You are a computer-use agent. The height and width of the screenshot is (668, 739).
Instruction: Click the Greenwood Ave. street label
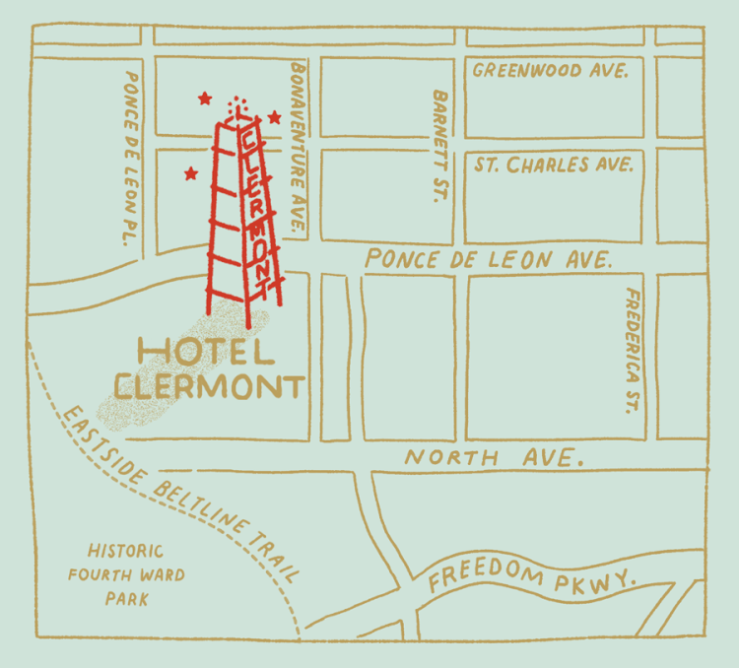coord(550,71)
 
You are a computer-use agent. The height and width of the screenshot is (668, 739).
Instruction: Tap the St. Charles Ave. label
coord(553,165)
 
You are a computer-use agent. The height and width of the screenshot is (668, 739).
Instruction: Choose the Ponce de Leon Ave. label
coord(488,260)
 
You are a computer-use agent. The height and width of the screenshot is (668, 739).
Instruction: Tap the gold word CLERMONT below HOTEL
coord(208,385)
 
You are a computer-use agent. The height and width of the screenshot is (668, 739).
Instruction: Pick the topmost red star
coord(205,98)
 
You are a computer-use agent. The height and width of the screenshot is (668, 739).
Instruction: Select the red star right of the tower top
coord(275,117)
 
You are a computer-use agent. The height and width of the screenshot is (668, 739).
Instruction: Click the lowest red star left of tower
coord(190,173)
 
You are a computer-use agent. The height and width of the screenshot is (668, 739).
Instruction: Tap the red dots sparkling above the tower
coord(235,104)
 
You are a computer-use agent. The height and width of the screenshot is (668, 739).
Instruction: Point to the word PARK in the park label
coord(125,598)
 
